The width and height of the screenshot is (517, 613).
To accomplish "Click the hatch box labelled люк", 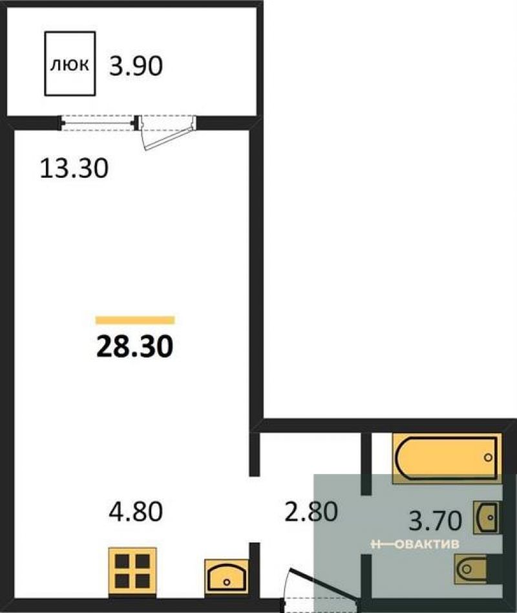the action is pos(70,64).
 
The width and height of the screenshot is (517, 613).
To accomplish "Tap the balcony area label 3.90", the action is pos(136,66).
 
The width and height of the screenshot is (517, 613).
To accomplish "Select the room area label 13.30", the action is pos(74,169).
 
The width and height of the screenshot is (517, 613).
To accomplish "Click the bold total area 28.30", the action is pos(134,347).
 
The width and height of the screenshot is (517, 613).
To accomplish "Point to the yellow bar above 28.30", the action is pos(135,320).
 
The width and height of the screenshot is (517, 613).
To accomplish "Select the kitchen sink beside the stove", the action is pos(227,576).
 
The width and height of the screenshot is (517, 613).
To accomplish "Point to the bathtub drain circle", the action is pos(488,457).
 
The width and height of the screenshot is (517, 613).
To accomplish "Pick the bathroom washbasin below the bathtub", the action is pos(487,517).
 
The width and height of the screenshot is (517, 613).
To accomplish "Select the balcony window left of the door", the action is pos(98,122).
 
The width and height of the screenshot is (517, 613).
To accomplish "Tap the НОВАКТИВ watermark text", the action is pos(415,544).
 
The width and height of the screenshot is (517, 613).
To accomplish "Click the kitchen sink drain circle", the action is pos(227,582).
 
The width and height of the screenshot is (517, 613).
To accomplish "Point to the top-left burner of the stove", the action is pos(122,561).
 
